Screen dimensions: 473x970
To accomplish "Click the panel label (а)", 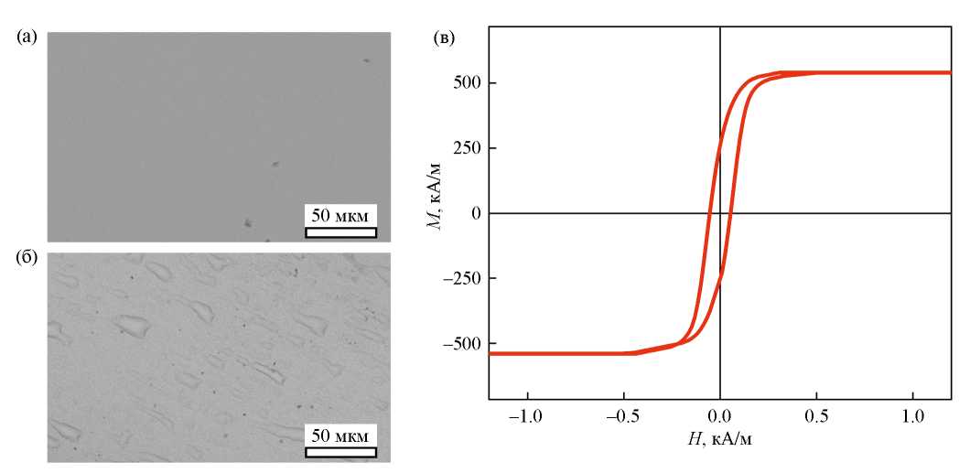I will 25,38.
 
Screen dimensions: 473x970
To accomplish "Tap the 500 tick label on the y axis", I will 468,82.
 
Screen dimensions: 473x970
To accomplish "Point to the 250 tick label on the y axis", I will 468,148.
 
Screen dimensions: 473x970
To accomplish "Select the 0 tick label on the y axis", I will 476,213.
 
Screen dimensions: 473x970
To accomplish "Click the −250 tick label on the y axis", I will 463,279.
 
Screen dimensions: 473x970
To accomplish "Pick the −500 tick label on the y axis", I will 463,345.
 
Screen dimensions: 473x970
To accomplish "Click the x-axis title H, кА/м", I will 720,440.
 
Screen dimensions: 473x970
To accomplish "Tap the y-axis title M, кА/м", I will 438,213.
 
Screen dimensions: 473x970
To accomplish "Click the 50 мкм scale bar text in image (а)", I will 340,217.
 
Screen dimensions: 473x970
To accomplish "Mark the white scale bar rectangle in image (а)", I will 340,231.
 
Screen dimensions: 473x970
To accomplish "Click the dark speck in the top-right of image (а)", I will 366,61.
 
